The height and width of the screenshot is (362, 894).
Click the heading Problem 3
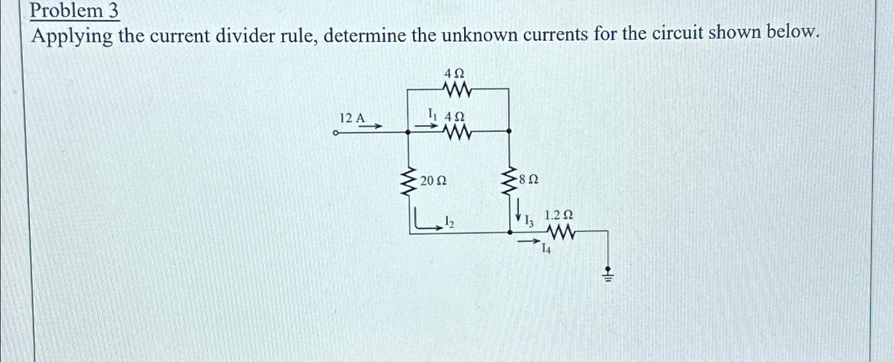(74, 12)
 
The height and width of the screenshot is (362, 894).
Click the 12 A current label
(352, 118)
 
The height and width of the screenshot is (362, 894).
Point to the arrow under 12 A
(370, 126)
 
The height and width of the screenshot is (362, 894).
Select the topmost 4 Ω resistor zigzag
(455, 90)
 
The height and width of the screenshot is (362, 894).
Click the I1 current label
(432, 114)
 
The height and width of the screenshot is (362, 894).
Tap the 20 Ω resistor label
(433, 181)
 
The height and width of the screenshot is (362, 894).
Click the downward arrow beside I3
(518, 210)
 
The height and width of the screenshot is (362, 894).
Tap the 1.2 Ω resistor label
(559, 215)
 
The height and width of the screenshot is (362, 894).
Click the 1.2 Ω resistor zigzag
(560, 232)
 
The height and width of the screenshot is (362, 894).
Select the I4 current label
(545, 248)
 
